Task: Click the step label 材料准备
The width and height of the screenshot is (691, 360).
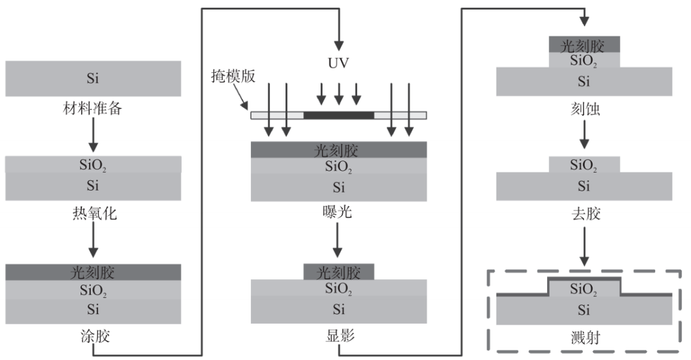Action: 93,109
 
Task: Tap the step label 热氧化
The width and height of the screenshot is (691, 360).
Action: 94,214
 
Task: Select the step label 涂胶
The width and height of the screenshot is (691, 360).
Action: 95,336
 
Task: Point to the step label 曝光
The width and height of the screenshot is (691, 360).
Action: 337,212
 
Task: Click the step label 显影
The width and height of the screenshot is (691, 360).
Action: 340,336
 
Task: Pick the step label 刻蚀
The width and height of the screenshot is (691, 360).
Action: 585,109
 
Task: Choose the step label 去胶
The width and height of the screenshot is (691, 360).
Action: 585,214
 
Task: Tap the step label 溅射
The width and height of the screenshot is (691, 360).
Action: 585,338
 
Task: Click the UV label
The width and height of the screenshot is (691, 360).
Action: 338,63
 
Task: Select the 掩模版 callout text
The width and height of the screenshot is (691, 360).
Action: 233,76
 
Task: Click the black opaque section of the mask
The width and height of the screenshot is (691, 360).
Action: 338,116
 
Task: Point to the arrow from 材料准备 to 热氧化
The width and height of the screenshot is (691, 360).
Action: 93,134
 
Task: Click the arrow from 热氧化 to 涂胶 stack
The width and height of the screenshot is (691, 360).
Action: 93,240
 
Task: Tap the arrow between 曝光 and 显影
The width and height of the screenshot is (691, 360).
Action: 337,240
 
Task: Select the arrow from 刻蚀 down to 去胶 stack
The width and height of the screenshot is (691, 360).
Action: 584,134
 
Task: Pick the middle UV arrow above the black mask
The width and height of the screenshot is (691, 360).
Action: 338,94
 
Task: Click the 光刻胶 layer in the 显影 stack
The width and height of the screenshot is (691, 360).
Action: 338,272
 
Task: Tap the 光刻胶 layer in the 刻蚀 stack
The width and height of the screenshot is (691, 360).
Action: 584,45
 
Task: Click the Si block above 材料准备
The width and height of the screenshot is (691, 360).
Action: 93,79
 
